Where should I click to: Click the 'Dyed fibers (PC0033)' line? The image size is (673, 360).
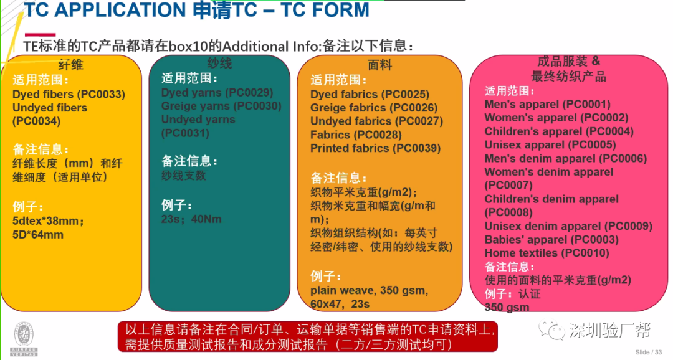coord(69,95)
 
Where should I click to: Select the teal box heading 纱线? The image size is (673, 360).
coord(219,64)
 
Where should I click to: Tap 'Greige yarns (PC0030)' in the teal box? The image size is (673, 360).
coord(221,106)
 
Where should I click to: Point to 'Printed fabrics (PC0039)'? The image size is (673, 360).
coord(375,148)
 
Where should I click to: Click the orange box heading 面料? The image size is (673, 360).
coord(380,65)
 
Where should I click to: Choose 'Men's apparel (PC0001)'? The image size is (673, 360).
coord(547,104)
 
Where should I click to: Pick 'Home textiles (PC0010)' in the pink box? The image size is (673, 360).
coord(547,253)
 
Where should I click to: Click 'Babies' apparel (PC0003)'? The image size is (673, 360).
coord(551,240)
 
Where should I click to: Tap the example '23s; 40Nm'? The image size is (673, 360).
coord(191,219)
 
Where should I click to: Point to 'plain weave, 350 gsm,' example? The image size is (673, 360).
coord(369,291)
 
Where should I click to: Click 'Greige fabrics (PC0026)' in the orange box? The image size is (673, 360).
coord(374,108)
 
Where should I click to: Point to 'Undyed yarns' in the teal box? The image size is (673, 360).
coord(198,119)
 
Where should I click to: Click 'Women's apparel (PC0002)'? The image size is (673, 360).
coord(556,118)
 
